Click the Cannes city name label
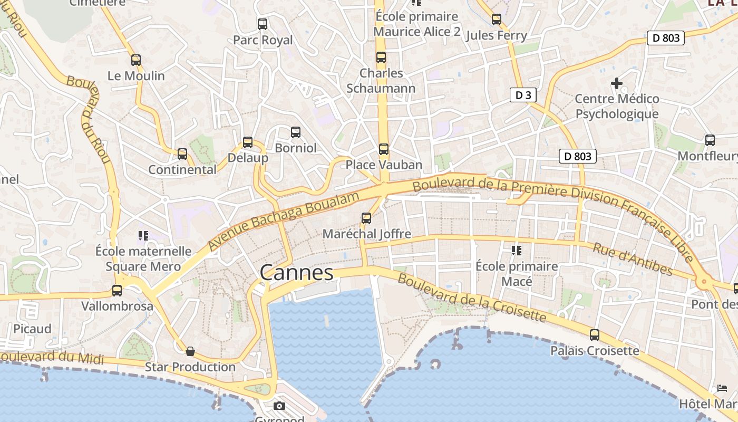click(297, 273)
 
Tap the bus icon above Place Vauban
click(384, 149)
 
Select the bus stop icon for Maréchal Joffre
click(366, 218)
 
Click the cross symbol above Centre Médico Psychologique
click(617, 83)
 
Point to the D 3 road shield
click(523, 95)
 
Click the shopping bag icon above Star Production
click(190, 351)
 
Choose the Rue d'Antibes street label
click(633, 260)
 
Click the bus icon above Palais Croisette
click(595, 335)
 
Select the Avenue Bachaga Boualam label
click(284, 220)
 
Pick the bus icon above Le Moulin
click(136, 60)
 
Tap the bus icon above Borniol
click(296, 132)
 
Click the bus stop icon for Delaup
click(248, 142)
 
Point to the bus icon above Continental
click(182, 154)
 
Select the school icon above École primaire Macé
click(516, 251)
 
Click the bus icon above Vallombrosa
click(117, 291)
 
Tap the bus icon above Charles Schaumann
click(381, 57)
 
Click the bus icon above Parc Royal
click(263, 24)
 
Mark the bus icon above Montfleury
click(710, 140)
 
